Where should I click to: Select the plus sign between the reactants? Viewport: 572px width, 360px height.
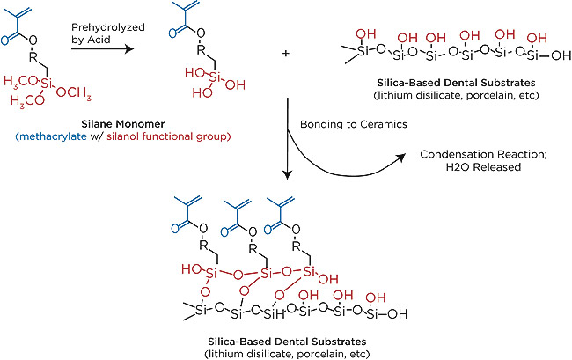point(285,53)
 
